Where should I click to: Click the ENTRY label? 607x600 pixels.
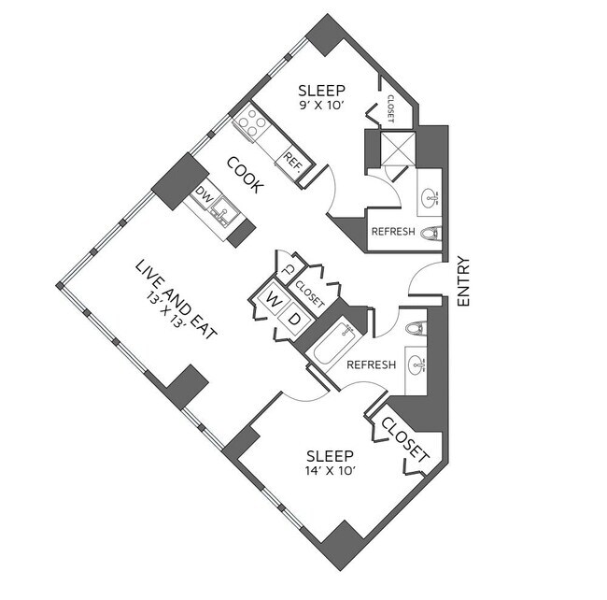464,281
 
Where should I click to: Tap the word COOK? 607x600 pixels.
245,174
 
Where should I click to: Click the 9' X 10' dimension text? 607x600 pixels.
321,107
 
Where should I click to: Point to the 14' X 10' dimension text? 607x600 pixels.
330,471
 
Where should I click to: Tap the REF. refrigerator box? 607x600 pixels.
294,162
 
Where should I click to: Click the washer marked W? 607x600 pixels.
274,299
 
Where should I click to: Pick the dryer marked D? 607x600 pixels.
295,321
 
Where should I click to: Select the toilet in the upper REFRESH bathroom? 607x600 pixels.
431,234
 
